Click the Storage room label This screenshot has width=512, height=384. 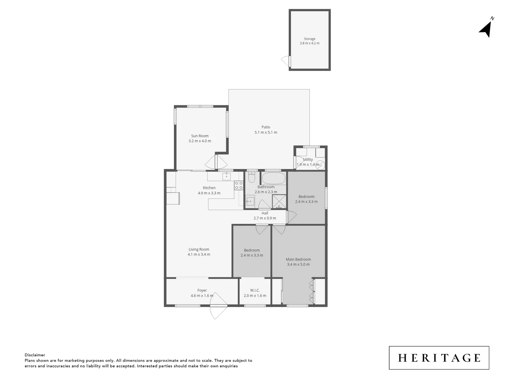click(x=309, y=39)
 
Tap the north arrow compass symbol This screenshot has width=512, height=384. click(x=486, y=29)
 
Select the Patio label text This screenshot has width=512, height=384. click(x=266, y=127)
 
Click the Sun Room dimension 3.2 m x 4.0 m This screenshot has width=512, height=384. click(x=199, y=141)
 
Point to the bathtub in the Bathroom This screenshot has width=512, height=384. click(x=273, y=178)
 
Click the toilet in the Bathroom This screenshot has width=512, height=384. click(x=251, y=177)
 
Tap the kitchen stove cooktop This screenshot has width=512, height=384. click(x=238, y=185)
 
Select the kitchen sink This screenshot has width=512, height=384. click(x=226, y=176)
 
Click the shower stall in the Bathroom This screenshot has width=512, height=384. click(x=279, y=201)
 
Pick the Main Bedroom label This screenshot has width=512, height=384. click(x=298, y=260)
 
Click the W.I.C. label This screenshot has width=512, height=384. click(x=255, y=290)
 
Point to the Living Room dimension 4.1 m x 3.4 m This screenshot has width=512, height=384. click(x=199, y=255)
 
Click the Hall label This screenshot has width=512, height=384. click(x=265, y=213)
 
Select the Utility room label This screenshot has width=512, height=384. click(x=308, y=160)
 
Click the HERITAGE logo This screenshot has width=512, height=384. click(x=439, y=358)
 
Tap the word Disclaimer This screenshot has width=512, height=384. click(x=35, y=355)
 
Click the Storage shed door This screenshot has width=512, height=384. click(x=286, y=61)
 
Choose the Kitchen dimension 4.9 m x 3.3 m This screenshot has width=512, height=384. click(x=209, y=193)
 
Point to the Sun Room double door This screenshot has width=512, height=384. click(x=216, y=162)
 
